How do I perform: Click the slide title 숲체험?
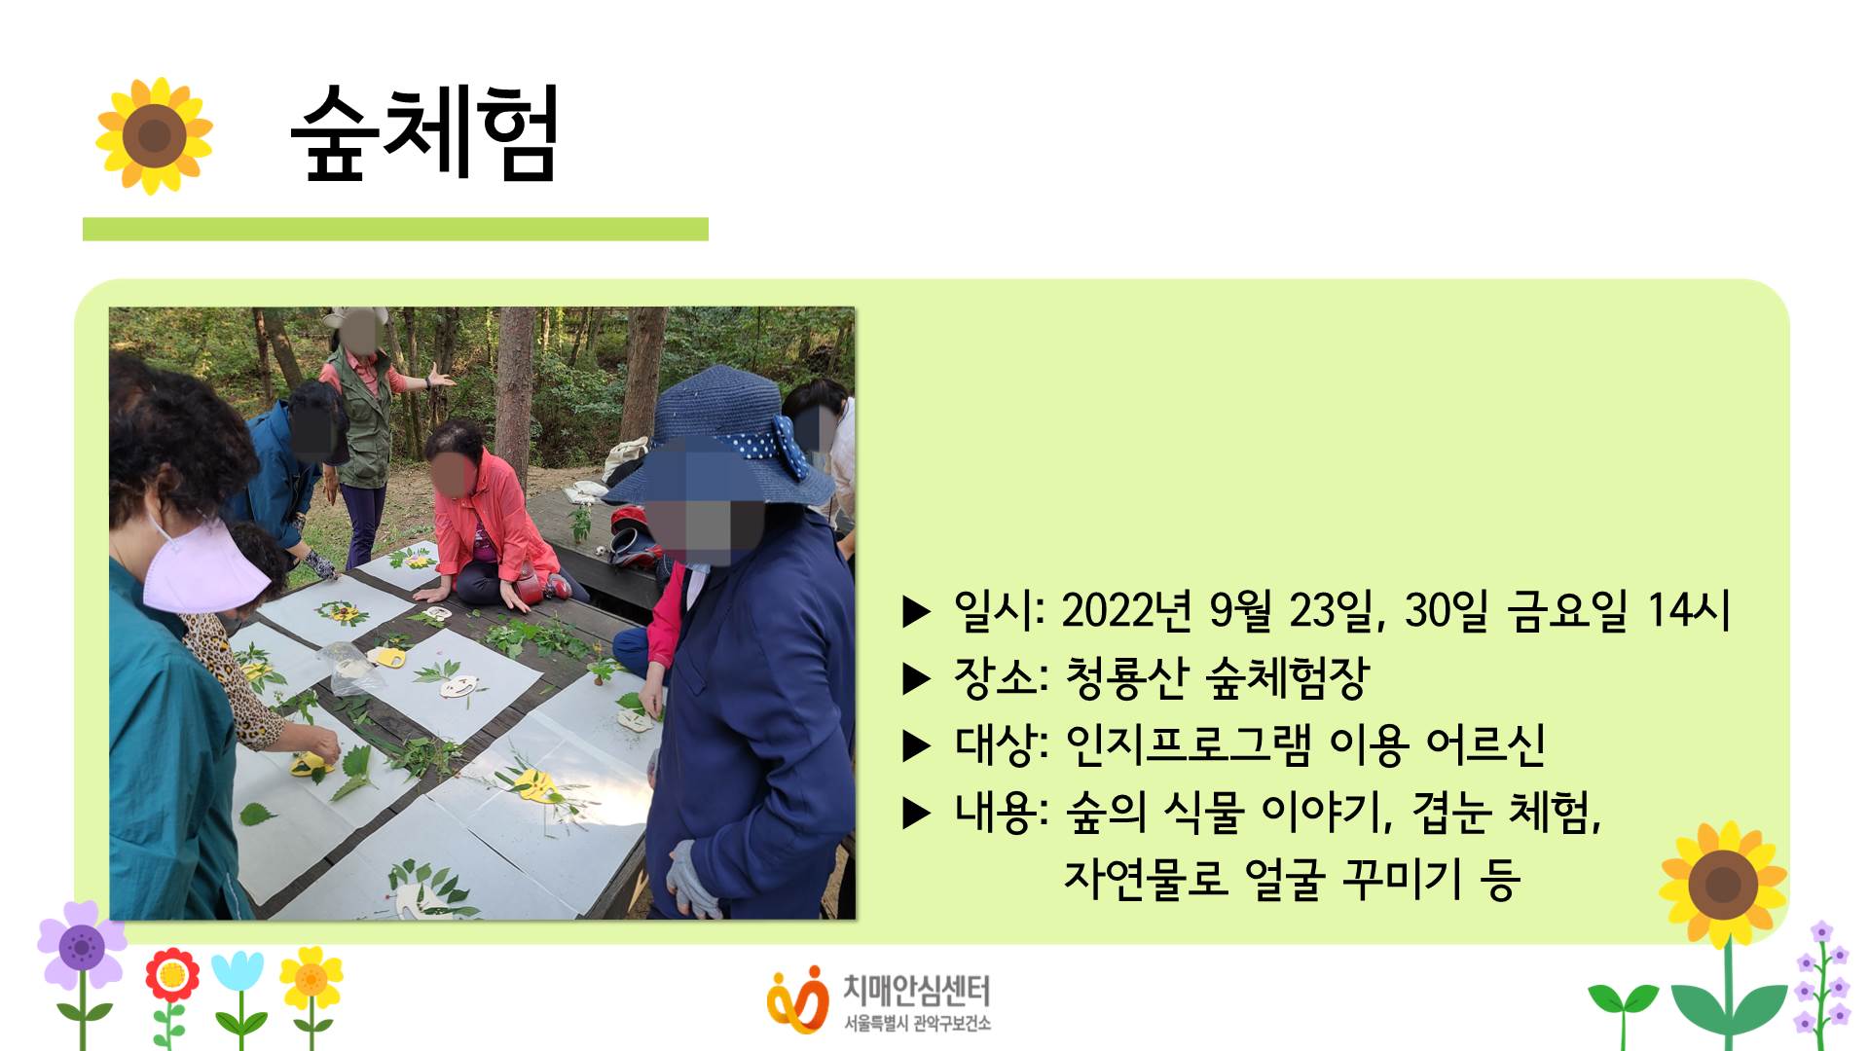425,133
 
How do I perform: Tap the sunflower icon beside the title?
154,136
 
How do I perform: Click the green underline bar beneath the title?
395,229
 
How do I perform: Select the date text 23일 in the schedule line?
1337,611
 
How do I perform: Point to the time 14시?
1689,610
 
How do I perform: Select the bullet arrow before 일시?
917,612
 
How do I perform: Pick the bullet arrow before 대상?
917,745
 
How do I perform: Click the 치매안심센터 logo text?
916,992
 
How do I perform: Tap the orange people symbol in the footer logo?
797,998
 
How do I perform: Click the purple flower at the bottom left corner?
82,945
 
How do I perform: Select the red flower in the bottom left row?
172,975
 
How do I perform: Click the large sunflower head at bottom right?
1723,885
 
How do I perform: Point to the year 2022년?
1126,611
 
